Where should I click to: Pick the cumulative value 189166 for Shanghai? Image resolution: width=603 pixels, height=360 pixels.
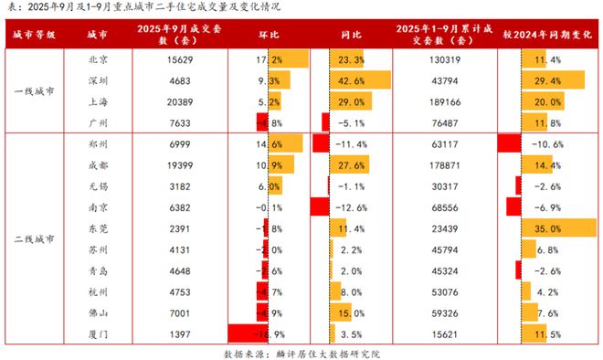point(444,101)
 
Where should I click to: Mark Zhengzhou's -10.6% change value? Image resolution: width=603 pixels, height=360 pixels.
point(546,143)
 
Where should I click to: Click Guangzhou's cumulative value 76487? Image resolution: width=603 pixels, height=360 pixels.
point(444,122)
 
